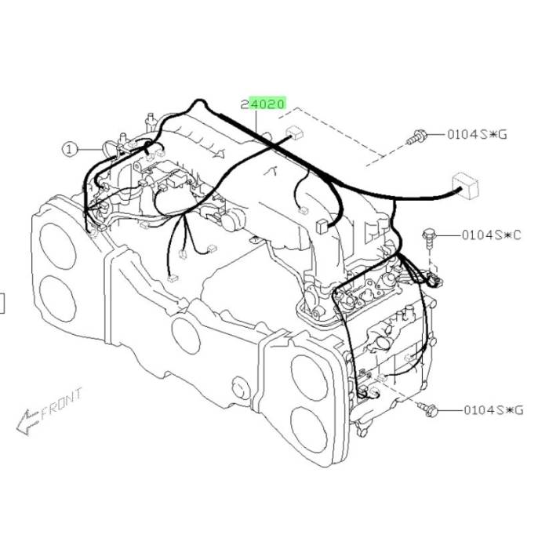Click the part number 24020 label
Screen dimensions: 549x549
[x=264, y=104]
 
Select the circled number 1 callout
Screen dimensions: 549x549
[x=69, y=150]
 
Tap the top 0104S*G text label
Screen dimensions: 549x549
[x=477, y=134]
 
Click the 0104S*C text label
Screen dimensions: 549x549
[x=491, y=235]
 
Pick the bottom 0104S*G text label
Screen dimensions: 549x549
[x=493, y=409]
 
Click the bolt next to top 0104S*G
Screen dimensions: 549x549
[x=416, y=137]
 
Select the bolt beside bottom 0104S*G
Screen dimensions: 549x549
[x=427, y=409]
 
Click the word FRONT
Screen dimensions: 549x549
[x=62, y=403]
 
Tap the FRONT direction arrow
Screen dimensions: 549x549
[x=27, y=422]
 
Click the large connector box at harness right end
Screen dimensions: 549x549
[x=465, y=186]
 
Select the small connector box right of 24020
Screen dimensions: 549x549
[x=295, y=133]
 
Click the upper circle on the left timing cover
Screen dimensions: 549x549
[x=57, y=245]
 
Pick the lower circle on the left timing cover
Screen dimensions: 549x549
[x=58, y=298]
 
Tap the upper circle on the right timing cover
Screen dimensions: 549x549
[x=309, y=377]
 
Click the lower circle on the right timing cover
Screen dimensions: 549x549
[x=309, y=431]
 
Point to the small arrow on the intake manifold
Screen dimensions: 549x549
[x=218, y=154]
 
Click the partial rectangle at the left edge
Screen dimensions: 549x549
[x=2, y=303]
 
